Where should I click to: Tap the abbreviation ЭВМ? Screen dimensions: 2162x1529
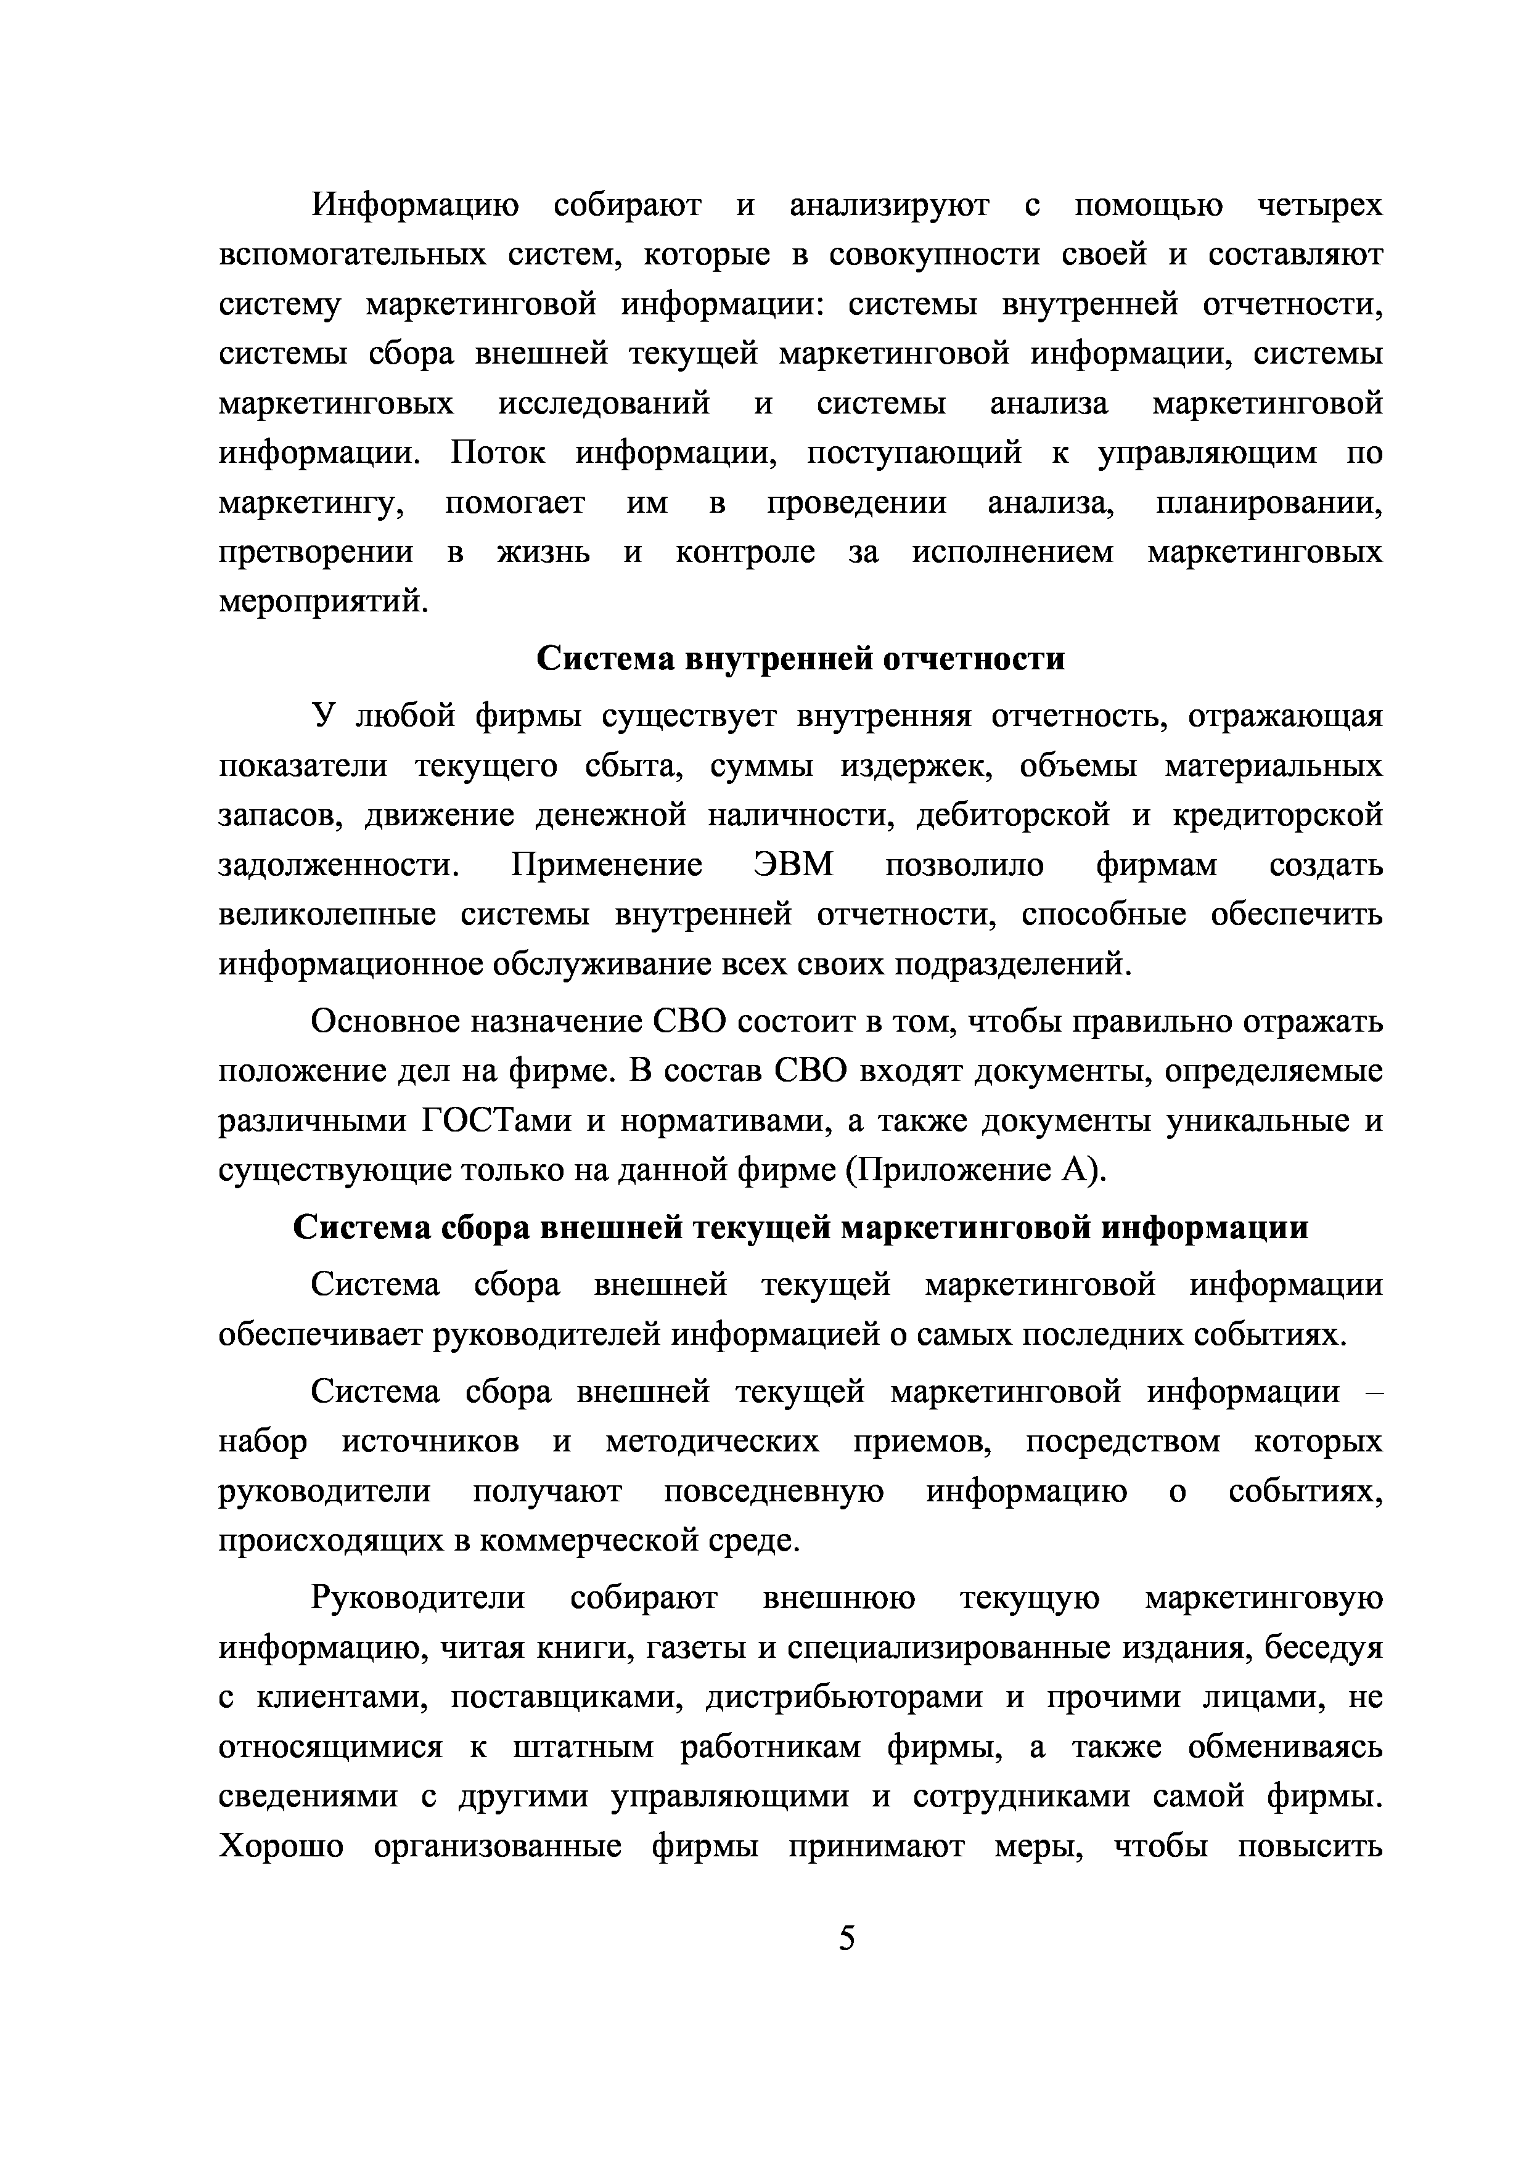(x=793, y=863)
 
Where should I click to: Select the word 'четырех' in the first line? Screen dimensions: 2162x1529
(x=1320, y=205)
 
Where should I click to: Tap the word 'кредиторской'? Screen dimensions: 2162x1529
(x=1277, y=814)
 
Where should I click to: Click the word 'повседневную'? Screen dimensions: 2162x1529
(x=774, y=1491)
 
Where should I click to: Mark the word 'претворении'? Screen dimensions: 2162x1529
(x=316, y=552)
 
